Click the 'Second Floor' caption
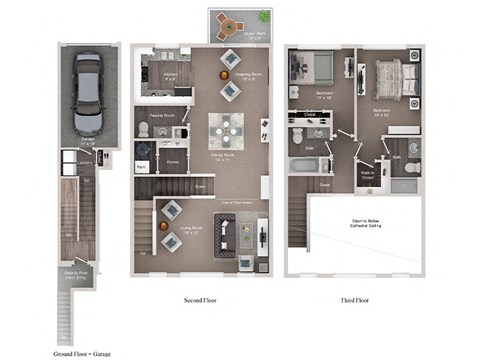[201, 299]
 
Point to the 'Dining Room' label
[224, 158]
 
